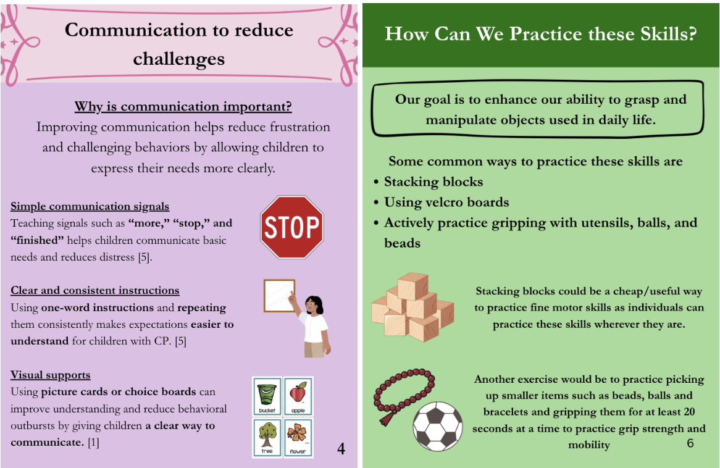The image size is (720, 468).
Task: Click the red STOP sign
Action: [292, 227]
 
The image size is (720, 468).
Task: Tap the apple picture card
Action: [298, 396]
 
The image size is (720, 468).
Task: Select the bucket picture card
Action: [267, 396]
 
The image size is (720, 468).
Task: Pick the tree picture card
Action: [267, 437]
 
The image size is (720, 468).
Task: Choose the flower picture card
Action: [298, 437]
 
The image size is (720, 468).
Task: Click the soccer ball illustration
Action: [438, 426]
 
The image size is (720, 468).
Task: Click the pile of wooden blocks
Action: [412, 307]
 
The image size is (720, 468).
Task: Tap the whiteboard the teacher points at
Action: [279, 296]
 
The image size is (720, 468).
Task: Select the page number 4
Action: [341, 448]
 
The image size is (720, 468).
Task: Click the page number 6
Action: [690, 443]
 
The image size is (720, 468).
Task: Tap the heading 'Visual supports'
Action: [51, 375]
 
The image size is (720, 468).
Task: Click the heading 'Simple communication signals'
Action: [90, 206]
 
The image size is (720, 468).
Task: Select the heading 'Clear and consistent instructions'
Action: [95, 290]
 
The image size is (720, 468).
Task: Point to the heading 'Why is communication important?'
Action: [183, 107]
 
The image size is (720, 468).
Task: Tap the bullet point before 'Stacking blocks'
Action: [376, 182]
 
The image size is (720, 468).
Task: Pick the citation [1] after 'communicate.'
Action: [93, 442]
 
